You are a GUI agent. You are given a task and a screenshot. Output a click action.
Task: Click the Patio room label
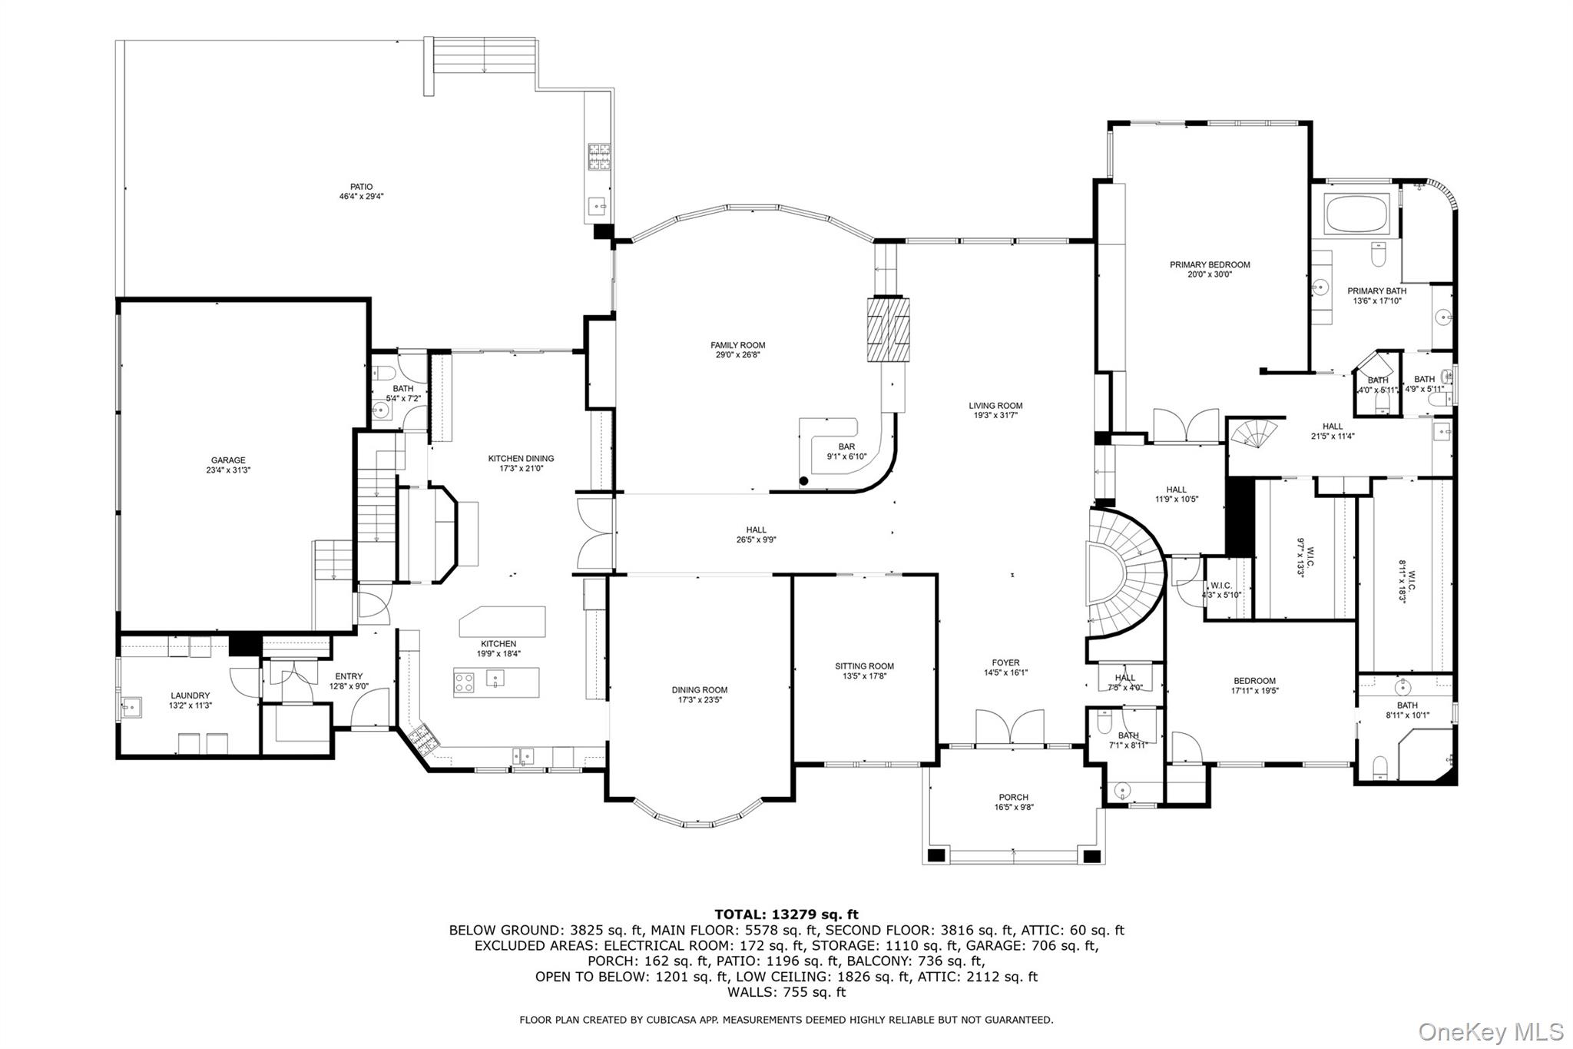coord(361,187)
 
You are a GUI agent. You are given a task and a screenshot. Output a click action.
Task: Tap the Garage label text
coord(228,460)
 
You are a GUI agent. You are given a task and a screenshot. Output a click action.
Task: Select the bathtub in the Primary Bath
coord(1357,214)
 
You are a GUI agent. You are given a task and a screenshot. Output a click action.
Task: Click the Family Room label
coord(737,345)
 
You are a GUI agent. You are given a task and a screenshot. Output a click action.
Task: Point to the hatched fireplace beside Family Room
coord(888,330)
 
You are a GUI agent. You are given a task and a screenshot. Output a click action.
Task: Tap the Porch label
coord(1013,797)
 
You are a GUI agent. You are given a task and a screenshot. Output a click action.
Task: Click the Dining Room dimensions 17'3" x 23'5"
coord(699,700)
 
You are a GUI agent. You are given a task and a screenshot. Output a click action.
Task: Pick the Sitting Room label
coord(864,666)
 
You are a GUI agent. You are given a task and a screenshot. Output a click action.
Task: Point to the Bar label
coord(846,446)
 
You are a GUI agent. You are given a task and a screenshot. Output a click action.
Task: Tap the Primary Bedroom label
coord(1209,264)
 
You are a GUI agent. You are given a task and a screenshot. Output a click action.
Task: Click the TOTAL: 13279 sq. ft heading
coord(786,915)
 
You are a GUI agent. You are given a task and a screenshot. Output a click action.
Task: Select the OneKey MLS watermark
coord(1490,1031)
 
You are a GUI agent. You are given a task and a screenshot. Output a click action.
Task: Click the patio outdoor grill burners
coord(598,156)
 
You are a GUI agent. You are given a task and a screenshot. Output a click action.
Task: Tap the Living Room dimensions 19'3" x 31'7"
coord(995,416)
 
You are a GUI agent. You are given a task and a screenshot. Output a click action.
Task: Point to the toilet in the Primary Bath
coord(1377,253)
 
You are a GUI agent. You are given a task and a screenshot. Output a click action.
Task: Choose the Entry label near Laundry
coord(349,676)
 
